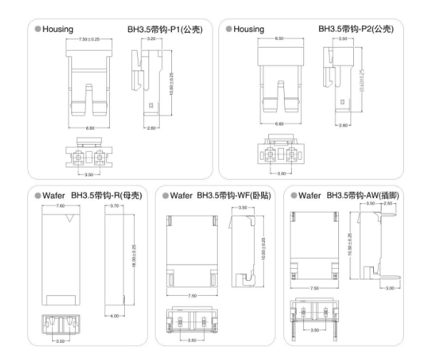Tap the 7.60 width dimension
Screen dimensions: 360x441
pos(61,205)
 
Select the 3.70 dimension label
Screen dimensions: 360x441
pos(116,205)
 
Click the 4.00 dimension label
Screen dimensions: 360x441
pos(116,315)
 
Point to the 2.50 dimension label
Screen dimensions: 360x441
pos(388,204)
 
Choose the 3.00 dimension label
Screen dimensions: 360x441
pos(390,289)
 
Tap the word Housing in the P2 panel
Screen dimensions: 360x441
pos(249,29)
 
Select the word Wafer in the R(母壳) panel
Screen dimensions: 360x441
pos(55,195)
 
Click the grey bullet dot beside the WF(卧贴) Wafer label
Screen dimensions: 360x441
pos(164,195)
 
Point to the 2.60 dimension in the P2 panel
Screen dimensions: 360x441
pos(344,125)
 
